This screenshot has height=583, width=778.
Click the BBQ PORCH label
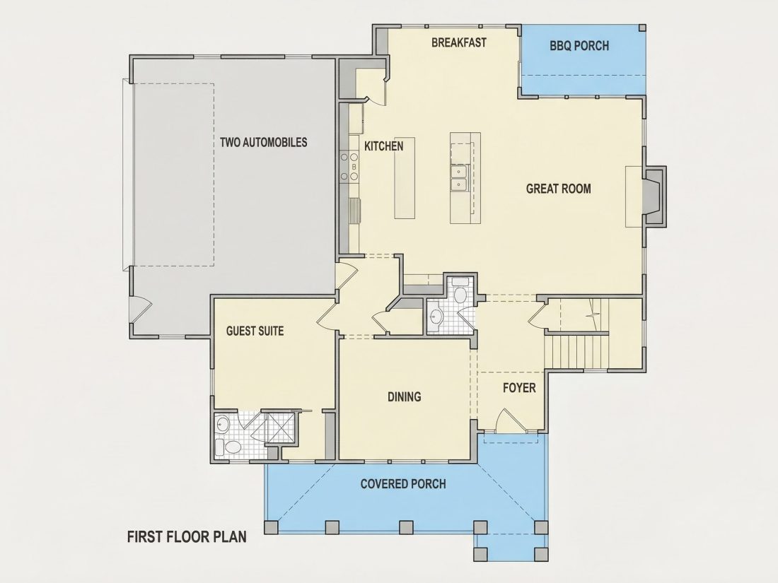point(579,46)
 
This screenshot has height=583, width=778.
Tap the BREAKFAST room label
point(458,42)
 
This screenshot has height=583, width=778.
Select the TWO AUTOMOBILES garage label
point(264,142)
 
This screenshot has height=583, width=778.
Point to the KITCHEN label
point(383,146)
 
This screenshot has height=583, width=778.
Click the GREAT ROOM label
point(558,189)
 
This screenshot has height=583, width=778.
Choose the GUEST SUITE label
point(255,331)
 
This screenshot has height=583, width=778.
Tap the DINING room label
point(404,396)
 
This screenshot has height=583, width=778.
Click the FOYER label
point(519,387)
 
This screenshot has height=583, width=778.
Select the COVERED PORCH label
point(403,483)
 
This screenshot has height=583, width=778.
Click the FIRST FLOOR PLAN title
point(187,537)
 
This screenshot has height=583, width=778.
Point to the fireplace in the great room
point(654,197)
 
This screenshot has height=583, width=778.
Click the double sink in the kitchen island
point(459,178)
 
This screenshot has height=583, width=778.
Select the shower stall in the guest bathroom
point(281,428)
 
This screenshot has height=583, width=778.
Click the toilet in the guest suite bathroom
point(230,447)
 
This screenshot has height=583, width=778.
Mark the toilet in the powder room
point(460,293)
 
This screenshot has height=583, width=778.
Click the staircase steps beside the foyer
point(577,351)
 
